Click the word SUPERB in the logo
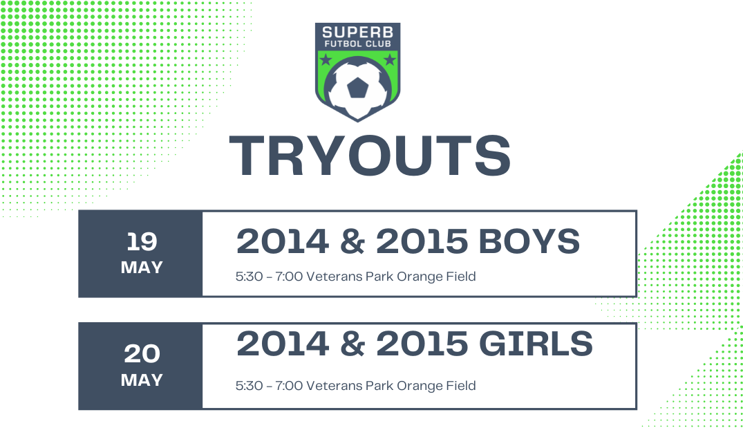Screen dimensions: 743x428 [358, 32]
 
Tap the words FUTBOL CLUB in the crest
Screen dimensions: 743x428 [358, 44]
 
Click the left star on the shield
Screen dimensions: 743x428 [326, 59]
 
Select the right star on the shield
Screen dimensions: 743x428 [390, 59]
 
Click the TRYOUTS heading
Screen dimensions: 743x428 [370, 156]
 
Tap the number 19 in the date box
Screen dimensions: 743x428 [142, 242]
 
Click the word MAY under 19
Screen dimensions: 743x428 [142, 268]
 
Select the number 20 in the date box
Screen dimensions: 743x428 [142, 354]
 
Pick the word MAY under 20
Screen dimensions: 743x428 [142, 380]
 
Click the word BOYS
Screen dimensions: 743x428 [529, 241]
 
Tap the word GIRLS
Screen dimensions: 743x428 [536, 344]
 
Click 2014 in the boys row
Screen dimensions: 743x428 [283, 241]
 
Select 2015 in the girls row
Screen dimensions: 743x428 [422, 344]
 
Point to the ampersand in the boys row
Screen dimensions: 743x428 [352, 241]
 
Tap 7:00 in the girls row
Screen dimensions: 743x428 [289, 386]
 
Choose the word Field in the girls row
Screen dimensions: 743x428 [461, 385]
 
